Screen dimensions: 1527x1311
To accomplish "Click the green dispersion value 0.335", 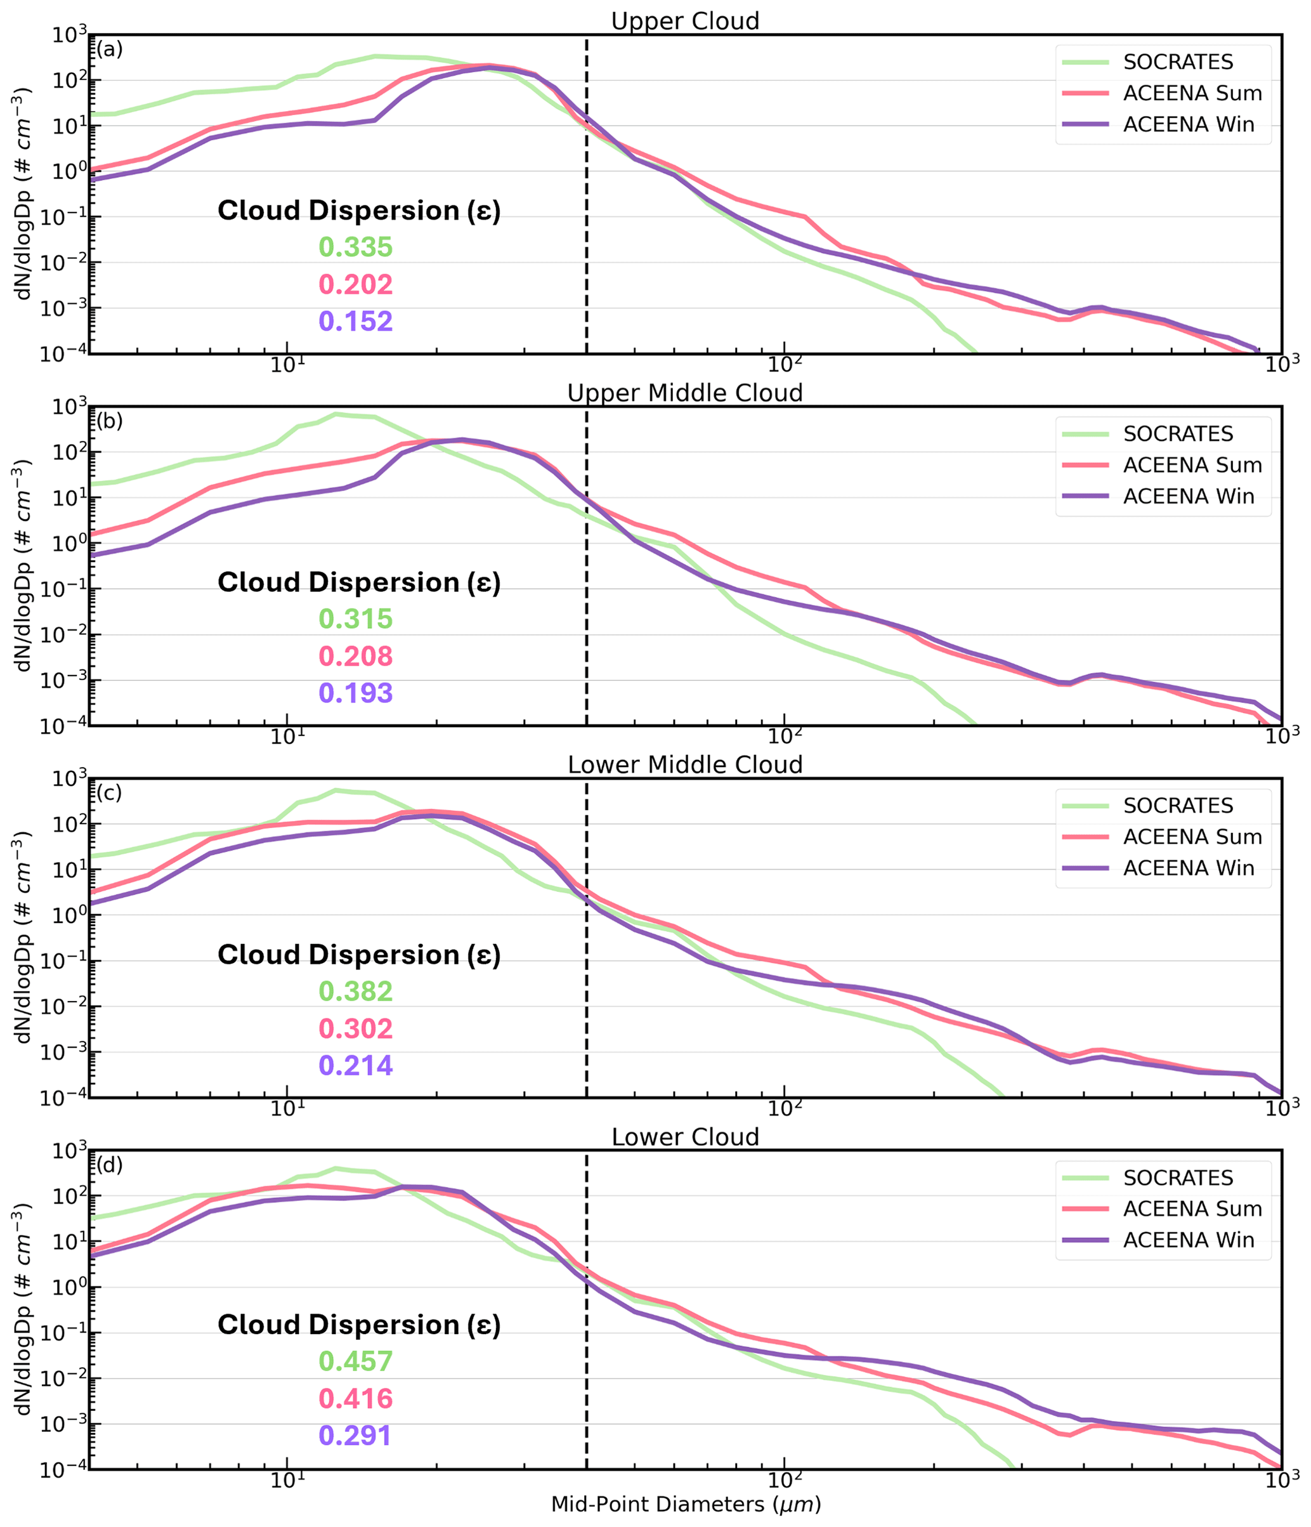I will point(355,247).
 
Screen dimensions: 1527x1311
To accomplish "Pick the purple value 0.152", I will point(355,321).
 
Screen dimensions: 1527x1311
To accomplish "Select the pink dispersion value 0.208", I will point(355,656).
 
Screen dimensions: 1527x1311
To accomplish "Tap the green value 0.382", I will point(355,991).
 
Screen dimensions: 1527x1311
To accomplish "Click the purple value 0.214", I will point(355,1065).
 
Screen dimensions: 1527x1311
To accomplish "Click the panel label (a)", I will point(110,49).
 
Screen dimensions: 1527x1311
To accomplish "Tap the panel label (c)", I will point(110,793).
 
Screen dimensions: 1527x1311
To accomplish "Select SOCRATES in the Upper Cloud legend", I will point(1178,62).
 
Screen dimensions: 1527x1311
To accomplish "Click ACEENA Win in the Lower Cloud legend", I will point(1188,1240).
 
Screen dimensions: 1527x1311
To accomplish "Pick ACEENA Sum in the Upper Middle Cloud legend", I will point(1192,465).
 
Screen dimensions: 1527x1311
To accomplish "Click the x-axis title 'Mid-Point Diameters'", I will point(686,1504).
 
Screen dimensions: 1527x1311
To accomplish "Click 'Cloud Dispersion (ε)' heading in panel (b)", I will point(359,583).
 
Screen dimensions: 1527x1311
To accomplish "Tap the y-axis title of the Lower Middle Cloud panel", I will point(23,938).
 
